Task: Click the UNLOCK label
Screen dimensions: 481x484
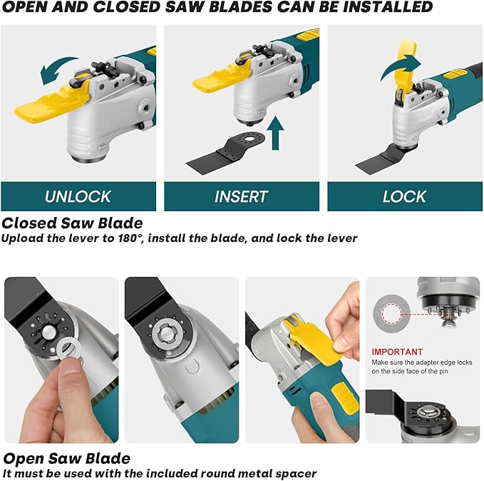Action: [78, 196]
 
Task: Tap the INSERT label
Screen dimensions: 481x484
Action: [241, 196]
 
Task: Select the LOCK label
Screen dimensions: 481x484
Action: [404, 196]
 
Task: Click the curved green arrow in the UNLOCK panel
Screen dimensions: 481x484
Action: [58, 72]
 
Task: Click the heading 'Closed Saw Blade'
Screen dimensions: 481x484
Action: [72, 223]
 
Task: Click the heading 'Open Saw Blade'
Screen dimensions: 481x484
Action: [66, 458]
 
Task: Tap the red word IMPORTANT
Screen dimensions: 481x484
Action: [397, 352]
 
